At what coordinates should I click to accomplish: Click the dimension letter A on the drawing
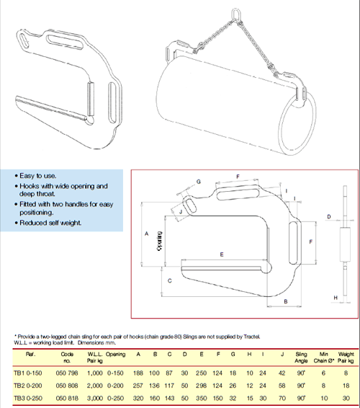click(146, 234)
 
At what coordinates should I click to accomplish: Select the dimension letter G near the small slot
click(198, 181)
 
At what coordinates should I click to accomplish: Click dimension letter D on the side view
click(328, 216)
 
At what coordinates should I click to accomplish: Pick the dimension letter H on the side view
click(335, 297)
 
